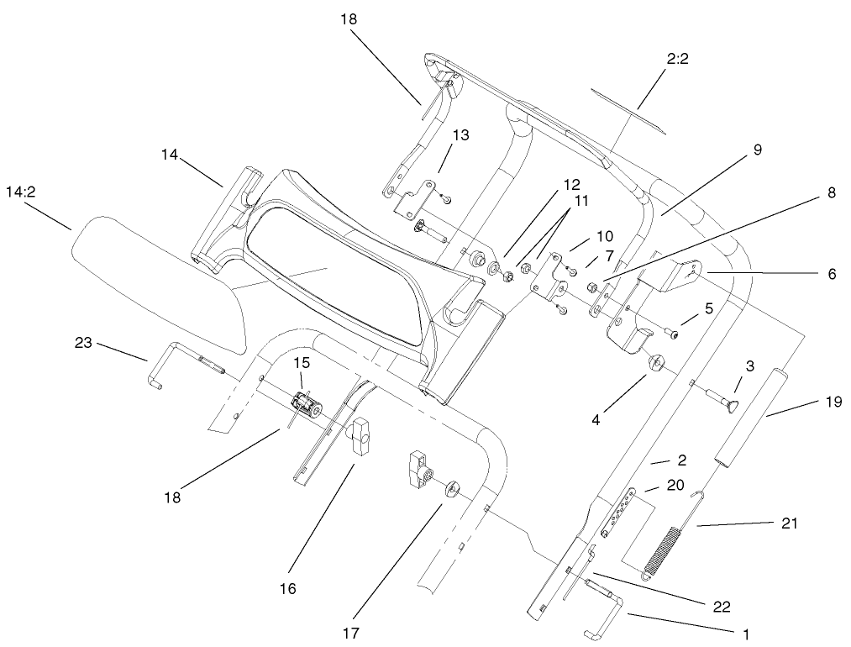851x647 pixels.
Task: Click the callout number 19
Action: coord(833,402)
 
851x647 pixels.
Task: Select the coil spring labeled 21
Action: coord(664,550)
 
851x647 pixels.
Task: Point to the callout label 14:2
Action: coord(20,192)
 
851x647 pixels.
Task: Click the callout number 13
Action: coord(461,135)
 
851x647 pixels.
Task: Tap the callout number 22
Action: coord(722,607)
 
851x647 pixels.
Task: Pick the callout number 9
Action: coord(757,150)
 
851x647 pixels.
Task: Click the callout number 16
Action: coord(287,589)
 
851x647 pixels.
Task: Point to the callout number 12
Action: coord(571,184)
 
